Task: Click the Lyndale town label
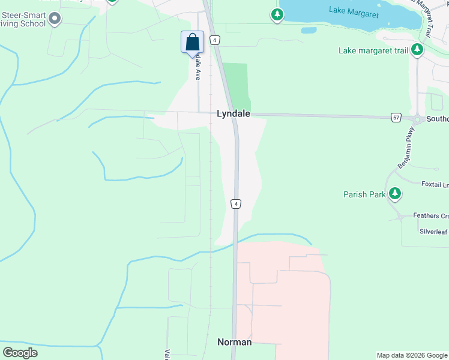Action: (233, 113)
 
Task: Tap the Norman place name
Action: (234, 342)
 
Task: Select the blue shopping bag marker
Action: (192, 43)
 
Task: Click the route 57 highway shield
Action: (396, 117)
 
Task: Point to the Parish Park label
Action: (363, 194)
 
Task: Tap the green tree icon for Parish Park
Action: (394, 193)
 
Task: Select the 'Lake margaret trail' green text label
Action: (373, 50)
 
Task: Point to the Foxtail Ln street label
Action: (435, 184)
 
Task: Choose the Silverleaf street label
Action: (434, 231)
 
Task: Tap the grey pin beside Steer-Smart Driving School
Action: (55, 19)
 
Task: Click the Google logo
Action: (20, 352)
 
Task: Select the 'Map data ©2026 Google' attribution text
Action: (412, 355)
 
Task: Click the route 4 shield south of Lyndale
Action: (237, 204)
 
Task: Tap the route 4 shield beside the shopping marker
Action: (214, 40)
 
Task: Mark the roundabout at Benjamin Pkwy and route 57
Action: (417, 118)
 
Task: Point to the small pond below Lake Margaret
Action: (309, 30)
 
